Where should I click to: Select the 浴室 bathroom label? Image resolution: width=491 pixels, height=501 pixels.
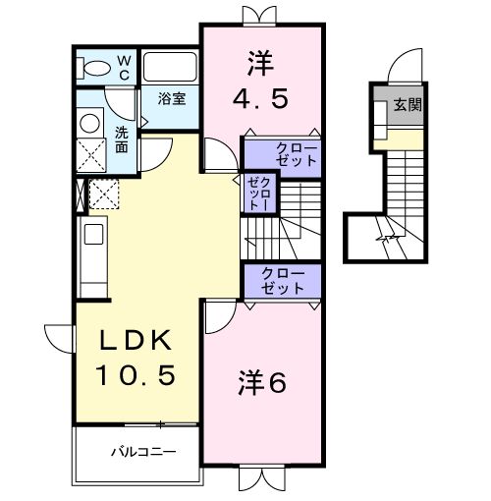(x=173, y=98)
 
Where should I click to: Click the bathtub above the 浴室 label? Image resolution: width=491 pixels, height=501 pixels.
(x=172, y=67)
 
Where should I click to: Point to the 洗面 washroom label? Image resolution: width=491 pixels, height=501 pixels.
(x=120, y=139)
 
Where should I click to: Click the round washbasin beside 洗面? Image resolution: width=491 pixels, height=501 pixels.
(x=90, y=123)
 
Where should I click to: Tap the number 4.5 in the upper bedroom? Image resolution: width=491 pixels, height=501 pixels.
(x=261, y=99)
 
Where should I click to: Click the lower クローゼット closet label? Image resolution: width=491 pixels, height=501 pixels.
(x=283, y=280)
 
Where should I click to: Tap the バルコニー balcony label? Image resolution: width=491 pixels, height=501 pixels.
(x=141, y=454)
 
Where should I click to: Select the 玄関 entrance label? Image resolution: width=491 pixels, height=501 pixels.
(x=408, y=104)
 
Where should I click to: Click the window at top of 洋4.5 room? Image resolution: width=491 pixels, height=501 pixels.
(x=261, y=14)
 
